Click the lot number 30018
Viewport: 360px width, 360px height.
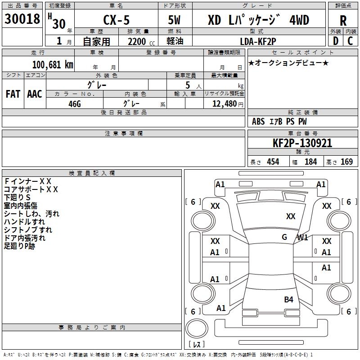pyautogui.click(x=22, y=19)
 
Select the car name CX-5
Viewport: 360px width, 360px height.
pyautogui.click(x=117, y=20)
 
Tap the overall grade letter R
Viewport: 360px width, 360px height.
pyautogui.click(x=343, y=21)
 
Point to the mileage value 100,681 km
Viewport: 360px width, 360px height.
pyautogui.click(x=53, y=65)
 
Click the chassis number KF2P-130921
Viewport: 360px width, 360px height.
pyautogui.click(x=302, y=143)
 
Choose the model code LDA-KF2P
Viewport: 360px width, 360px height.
pyautogui.click(x=258, y=41)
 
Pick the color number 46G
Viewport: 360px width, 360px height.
pyautogui.click(x=75, y=104)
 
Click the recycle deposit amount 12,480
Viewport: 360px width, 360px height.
pyautogui.click(x=225, y=104)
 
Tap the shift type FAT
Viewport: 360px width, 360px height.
pyautogui.click(x=13, y=94)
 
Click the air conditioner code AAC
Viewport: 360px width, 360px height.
pyautogui.click(x=35, y=94)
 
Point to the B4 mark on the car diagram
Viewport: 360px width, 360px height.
pyautogui.click(x=288, y=299)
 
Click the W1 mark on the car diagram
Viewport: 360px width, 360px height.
pyautogui.click(x=302, y=238)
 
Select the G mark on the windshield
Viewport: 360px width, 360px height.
pyautogui.click(x=284, y=237)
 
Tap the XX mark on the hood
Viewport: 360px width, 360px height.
pyautogui.click(x=291, y=216)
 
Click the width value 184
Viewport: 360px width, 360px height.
pyautogui.click(x=311, y=162)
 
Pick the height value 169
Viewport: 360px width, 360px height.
pyautogui.click(x=346, y=162)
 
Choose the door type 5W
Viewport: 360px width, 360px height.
pyautogui.click(x=174, y=20)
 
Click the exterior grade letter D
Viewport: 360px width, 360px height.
pyautogui.click(x=336, y=41)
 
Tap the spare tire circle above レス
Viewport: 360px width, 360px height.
pyautogui.click(x=197, y=328)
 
